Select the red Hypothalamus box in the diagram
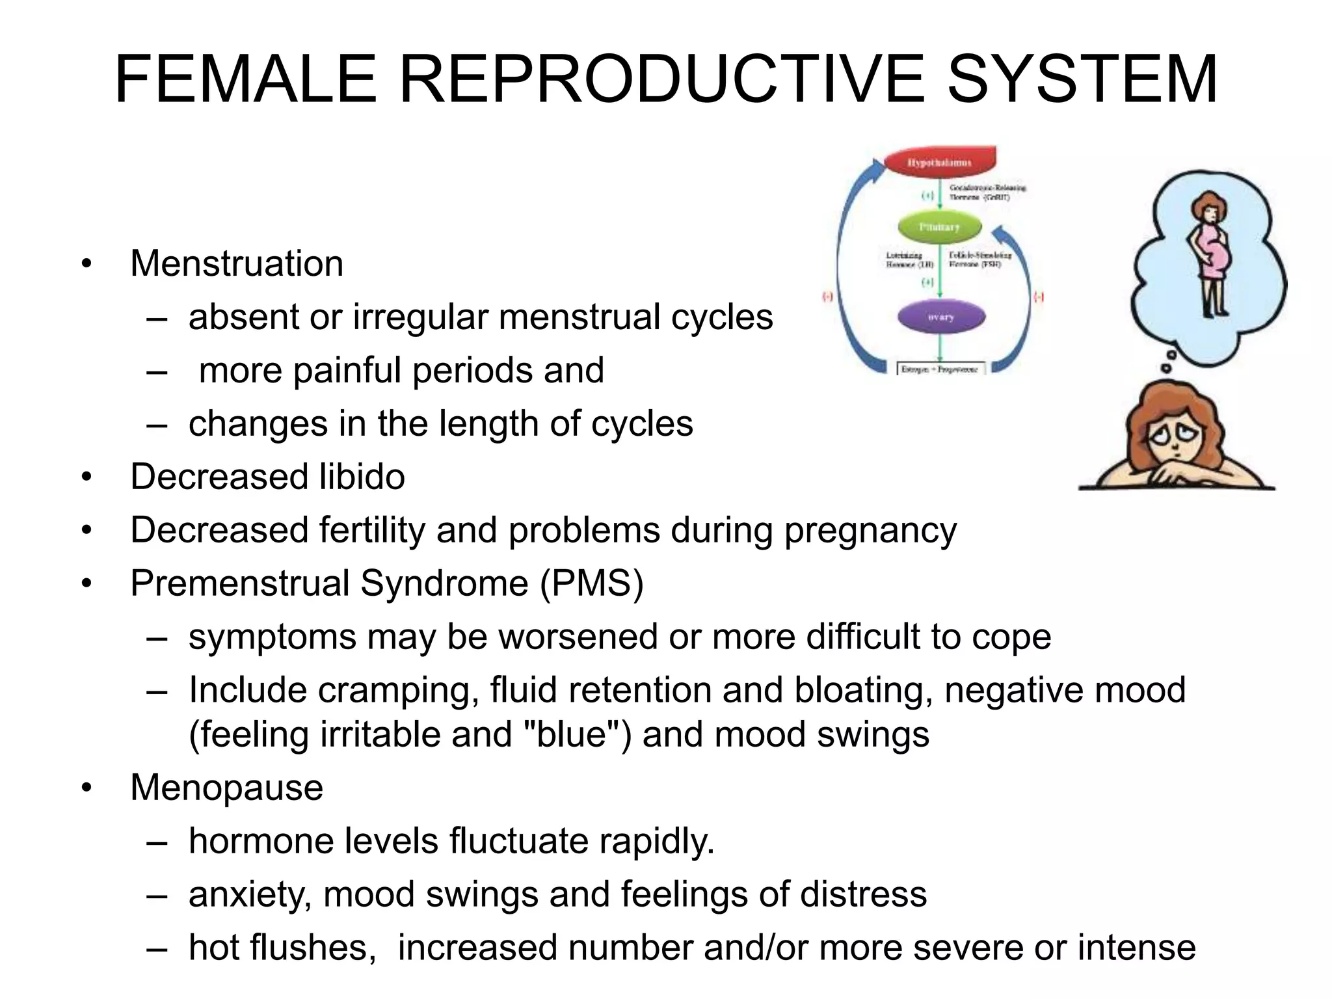(940, 163)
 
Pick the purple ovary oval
(941, 317)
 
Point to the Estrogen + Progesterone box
(940, 369)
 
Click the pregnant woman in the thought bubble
(1211, 254)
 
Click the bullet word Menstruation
(237, 263)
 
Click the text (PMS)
(591, 583)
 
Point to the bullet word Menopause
(226, 788)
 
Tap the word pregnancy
(870, 531)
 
